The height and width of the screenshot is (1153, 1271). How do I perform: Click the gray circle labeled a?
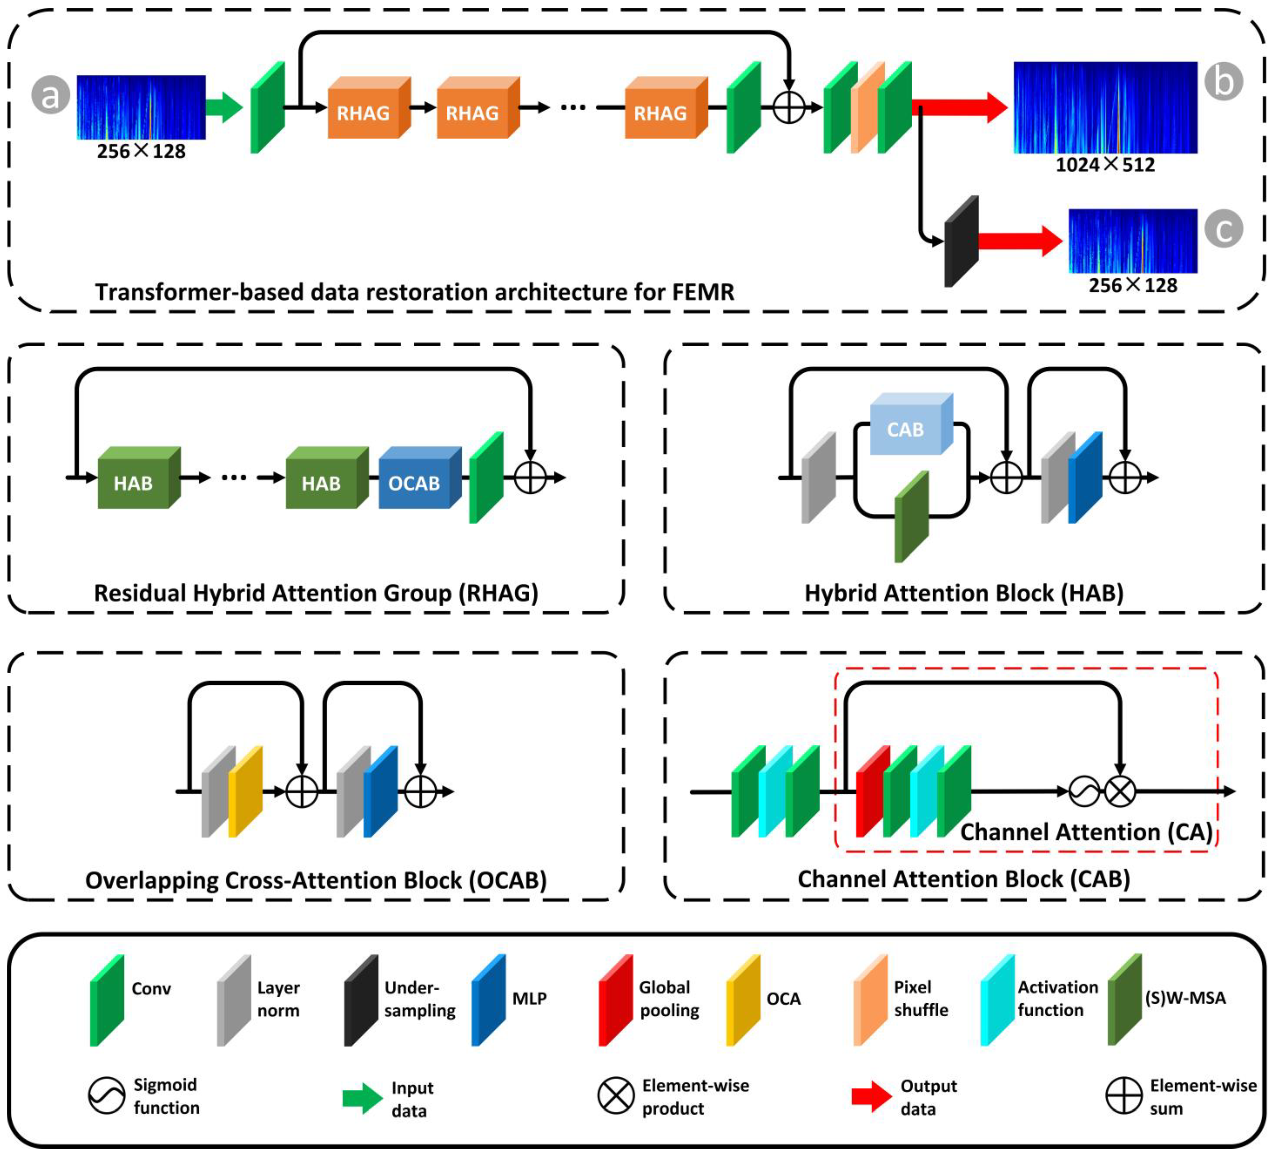click(x=50, y=95)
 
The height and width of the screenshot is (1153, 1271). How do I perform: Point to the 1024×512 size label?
click(x=1105, y=165)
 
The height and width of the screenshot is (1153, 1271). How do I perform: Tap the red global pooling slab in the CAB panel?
click(x=873, y=791)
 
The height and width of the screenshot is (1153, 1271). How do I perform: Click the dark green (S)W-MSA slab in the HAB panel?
click(x=912, y=516)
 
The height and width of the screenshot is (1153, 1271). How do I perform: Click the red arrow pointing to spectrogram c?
click(x=1020, y=241)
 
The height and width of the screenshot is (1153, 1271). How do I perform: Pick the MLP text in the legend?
click(x=529, y=998)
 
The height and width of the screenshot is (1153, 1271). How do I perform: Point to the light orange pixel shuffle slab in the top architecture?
click(x=868, y=107)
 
